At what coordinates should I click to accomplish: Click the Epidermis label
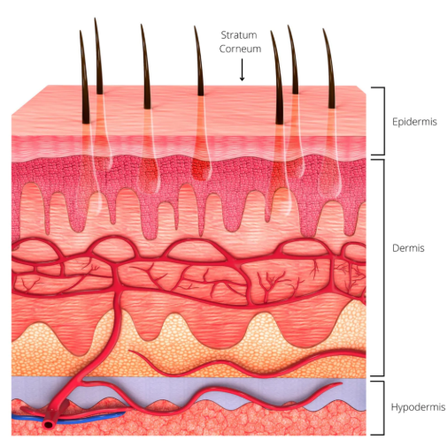click(414, 122)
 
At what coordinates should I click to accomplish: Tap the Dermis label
click(408, 248)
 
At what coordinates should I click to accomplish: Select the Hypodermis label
click(418, 407)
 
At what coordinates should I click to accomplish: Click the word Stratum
click(239, 35)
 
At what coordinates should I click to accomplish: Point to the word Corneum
click(240, 49)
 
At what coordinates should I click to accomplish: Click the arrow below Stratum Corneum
click(242, 70)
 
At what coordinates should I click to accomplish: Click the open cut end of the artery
click(48, 425)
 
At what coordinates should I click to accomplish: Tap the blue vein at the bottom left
click(68, 419)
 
